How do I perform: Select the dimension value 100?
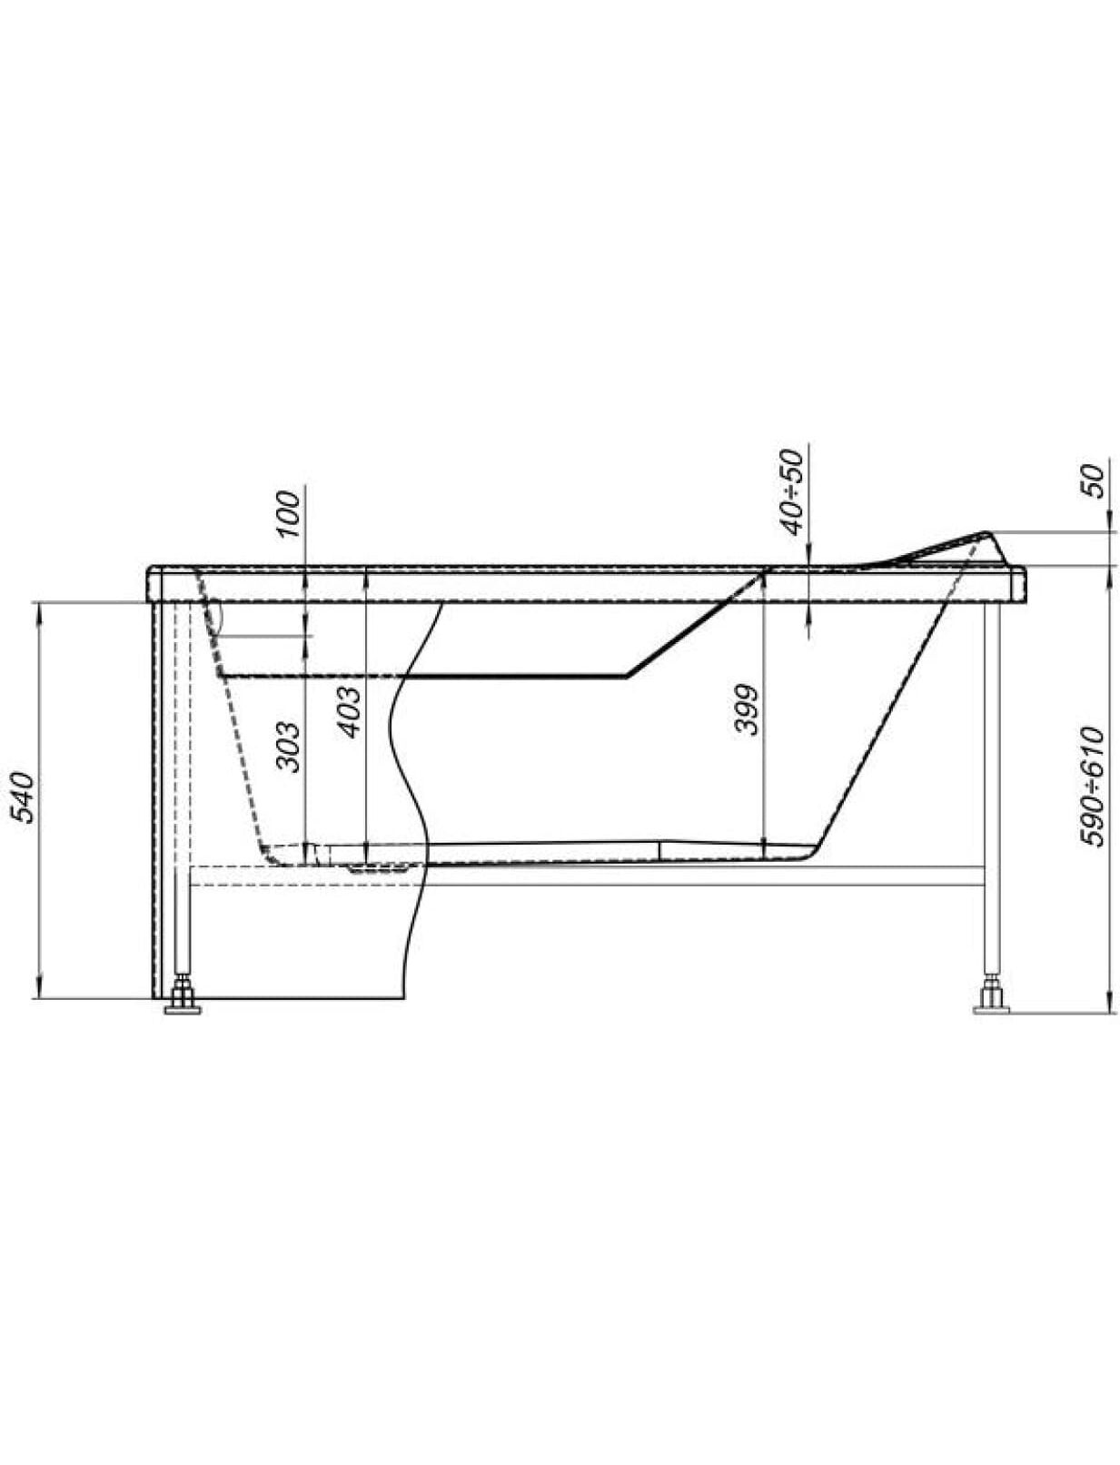coord(288,514)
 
